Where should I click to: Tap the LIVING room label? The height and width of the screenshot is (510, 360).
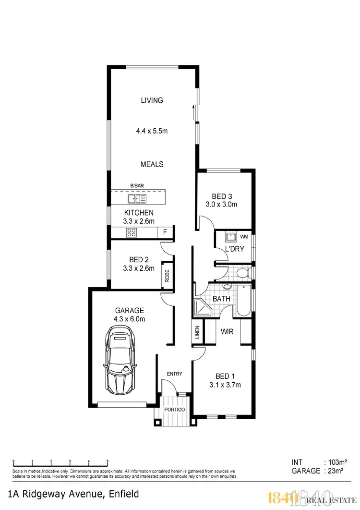click(x=152, y=100)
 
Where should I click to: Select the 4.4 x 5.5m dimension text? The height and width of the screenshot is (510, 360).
click(x=152, y=131)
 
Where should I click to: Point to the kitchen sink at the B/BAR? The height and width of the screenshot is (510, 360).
click(x=137, y=198)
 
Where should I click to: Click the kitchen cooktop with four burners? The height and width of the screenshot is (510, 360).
click(x=132, y=233)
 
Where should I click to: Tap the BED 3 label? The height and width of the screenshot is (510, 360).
click(x=222, y=196)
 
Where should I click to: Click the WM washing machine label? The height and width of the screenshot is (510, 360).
click(x=244, y=237)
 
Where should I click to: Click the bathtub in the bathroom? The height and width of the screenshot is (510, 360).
click(x=243, y=301)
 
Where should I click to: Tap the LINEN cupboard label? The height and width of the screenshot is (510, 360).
click(x=197, y=332)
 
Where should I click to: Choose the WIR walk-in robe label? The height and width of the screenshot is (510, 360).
click(x=227, y=332)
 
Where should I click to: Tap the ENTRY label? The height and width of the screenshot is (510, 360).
click(x=174, y=374)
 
